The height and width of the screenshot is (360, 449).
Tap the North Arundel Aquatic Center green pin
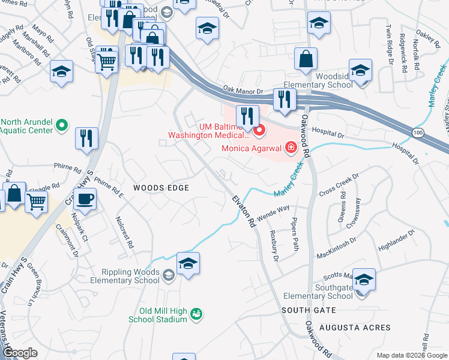click(62, 125)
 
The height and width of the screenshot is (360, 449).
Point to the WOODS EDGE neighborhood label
click(161, 188)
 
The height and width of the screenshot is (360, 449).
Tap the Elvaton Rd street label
click(243, 209)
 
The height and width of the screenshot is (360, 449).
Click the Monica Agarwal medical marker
click(291, 146)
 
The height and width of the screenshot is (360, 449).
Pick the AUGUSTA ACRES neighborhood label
click(355, 328)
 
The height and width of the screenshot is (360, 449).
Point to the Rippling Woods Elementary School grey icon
click(169, 275)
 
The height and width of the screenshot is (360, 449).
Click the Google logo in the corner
click(20, 353)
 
